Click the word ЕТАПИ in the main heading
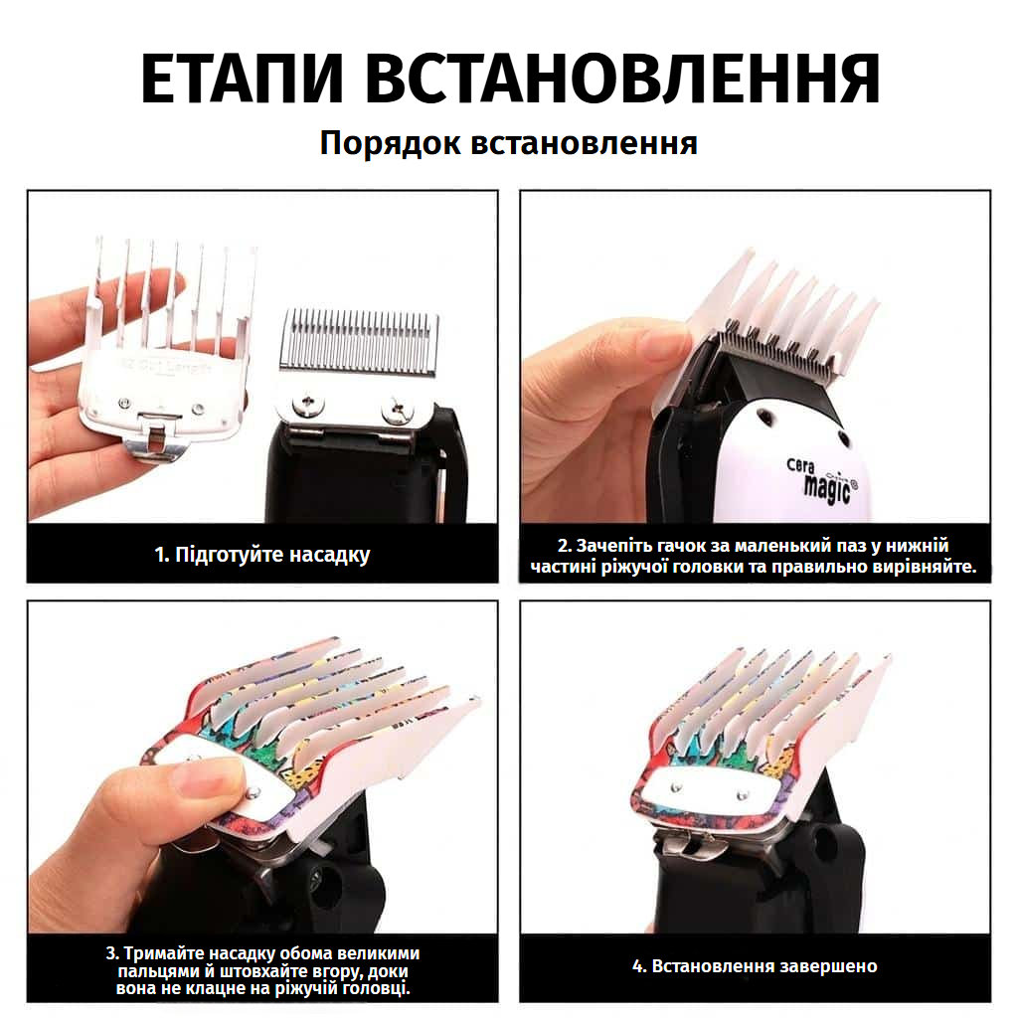242,79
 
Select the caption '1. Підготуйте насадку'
262,555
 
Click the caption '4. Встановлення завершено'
756,965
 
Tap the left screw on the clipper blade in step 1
309,405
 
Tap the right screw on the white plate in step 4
744,794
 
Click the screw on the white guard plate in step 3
254,791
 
